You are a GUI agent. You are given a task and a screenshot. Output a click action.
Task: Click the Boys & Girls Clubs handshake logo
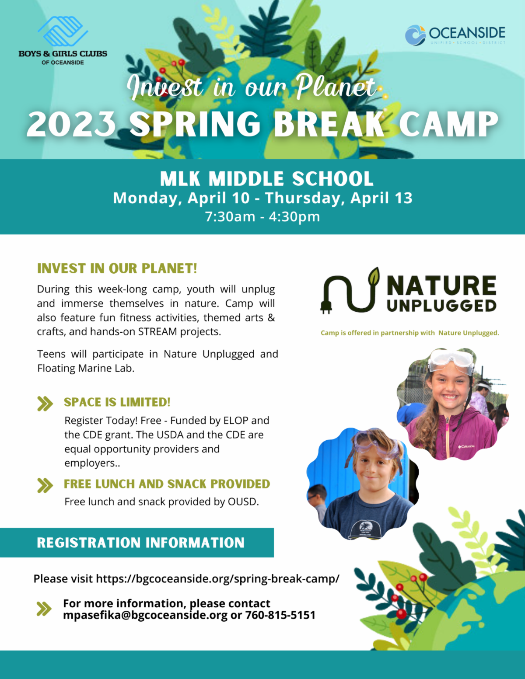pos(63,31)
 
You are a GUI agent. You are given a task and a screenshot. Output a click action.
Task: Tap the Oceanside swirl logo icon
pos(415,35)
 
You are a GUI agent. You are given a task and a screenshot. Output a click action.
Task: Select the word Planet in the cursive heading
pos(336,87)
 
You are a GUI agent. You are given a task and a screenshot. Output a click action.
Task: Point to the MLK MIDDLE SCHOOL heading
pos(267,179)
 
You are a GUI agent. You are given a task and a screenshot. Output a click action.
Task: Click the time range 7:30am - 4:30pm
pos(262,216)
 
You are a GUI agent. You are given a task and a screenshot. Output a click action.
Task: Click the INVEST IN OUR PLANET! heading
pos(117,268)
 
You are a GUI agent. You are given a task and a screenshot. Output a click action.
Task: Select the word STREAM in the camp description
pos(157,331)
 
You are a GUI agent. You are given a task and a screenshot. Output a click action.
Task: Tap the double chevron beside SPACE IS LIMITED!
pos(45,404)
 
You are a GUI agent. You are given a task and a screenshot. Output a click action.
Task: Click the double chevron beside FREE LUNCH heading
pos(45,485)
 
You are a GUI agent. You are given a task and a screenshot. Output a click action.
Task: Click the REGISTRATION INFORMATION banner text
pos(141,543)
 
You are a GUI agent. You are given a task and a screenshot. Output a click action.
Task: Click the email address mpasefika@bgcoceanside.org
pos(145,615)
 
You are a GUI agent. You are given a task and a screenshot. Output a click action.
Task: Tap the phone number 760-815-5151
pos(280,615)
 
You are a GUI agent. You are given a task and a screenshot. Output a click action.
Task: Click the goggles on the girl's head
pos(451,361)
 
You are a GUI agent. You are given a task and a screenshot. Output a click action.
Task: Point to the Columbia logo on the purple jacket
pos(466,446)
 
